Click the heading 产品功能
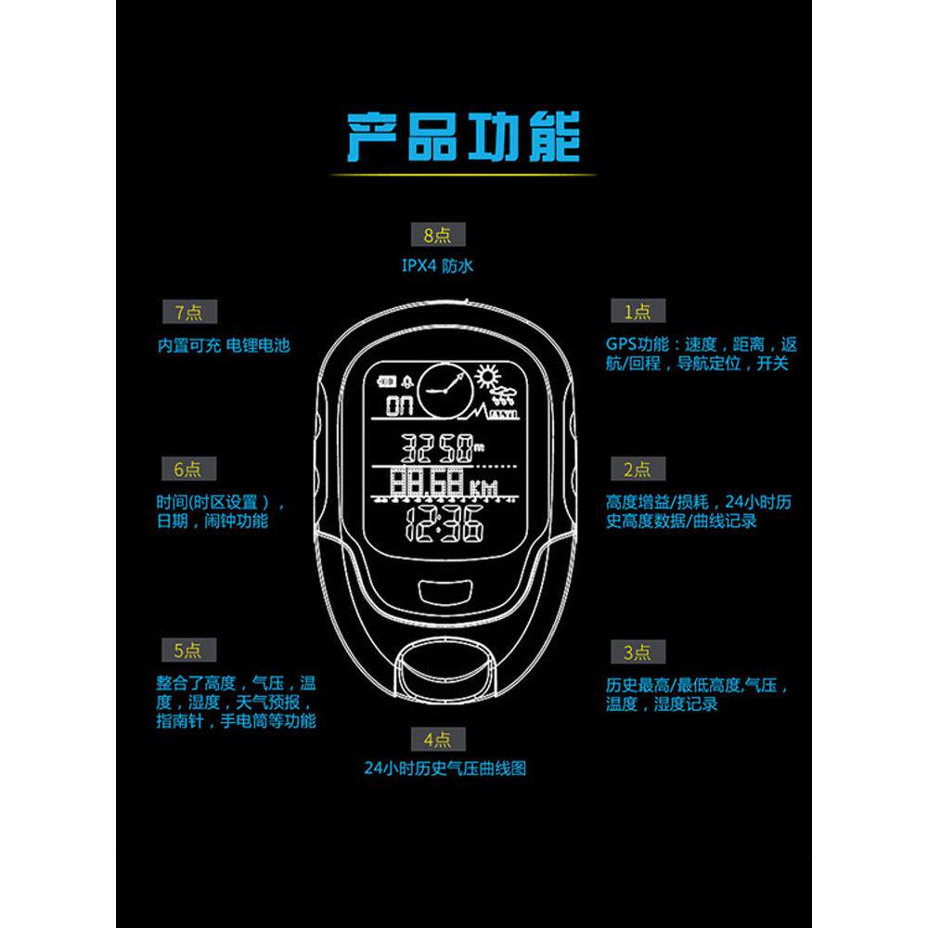coord(463,137)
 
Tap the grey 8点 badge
coord(438,234)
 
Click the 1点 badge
coord(637,312)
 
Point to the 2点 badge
coord(637,470)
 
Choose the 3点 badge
coord(637,653)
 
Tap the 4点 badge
coord(438,740)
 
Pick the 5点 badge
coord(187,650)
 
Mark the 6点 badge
coord(187,470)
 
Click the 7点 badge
coord(188,312)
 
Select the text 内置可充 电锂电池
coord(224,345)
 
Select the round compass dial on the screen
coord(444,392)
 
